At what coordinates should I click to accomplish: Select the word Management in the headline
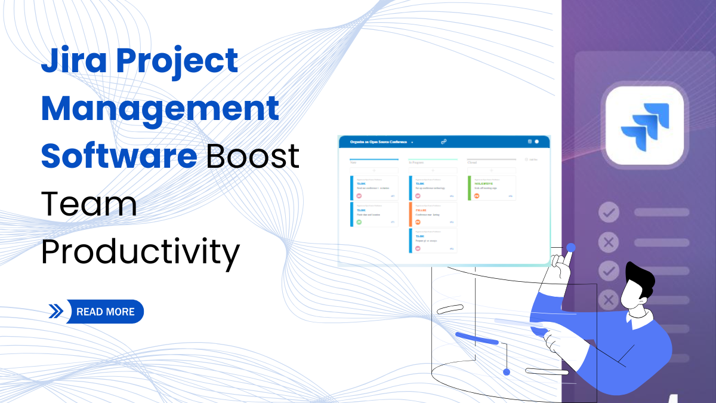pyautogui.click(x=160, y=108)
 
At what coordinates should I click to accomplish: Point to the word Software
pyautogui.click(x=119, y=155)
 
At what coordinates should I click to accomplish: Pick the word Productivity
pyautogui.click(x=140, y=251)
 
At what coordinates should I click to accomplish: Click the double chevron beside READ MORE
pyautogui.click(x=56, y=312)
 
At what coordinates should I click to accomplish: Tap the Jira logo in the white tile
pyautogui.click(x=644, y=125)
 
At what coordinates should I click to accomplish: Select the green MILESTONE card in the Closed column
pyautogui.click(x=492, y=187)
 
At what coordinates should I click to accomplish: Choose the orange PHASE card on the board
pyautogui.click(x=433, y=214)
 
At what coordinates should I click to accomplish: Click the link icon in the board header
pyautogui.click(x=443, y=142)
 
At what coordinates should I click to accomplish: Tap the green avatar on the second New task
pyautogui.click(x=359, y=222)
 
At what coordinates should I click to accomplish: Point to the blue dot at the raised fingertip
pyautogui.click(x=571, y=247)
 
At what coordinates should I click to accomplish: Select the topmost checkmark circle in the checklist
pyautogui.click(x=609, y=212)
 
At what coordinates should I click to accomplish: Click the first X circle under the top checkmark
pyautogui.click(x=609, y=242)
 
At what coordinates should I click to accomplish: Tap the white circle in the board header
pyautogui.click(x=536, y=141)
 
